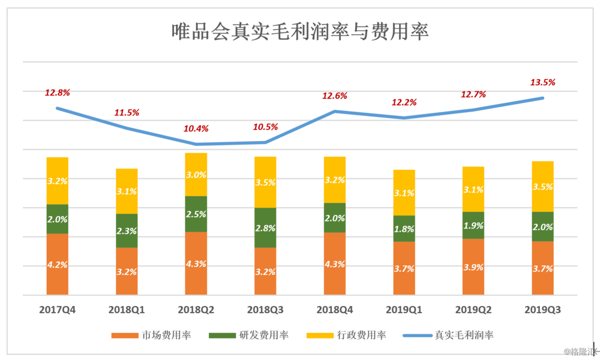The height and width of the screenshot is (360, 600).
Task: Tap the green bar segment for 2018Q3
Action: point(265,227)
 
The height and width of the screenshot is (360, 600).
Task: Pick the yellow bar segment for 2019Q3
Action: point(543,186)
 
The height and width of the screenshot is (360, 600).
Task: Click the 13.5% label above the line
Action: point(542,83)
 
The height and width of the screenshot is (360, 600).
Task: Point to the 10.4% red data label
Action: point(196,128)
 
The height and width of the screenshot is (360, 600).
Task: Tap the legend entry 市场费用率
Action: point(153,335)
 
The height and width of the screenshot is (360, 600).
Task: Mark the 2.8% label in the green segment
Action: point(265,229)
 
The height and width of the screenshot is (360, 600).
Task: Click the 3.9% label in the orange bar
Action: point(474,267)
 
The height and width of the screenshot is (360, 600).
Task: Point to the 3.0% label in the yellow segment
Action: point(196,175)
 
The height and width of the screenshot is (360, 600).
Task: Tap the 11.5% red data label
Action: point(127,112)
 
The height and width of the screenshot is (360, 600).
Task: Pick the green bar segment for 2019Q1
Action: point(404,229)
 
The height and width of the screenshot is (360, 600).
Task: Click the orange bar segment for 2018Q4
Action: point(335,264)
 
